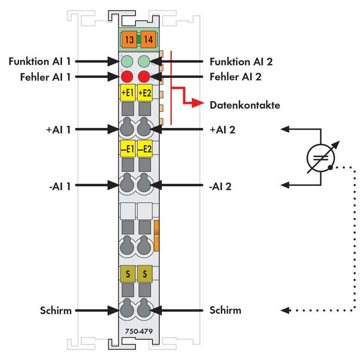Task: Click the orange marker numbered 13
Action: tap(129, 39)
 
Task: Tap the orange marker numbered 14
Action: tap(148, 39)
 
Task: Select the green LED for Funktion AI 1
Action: tap(127, 61)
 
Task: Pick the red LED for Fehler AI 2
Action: tap(144, 76)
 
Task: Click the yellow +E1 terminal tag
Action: tap(128, 93)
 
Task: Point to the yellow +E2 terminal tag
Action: tap(144, 93)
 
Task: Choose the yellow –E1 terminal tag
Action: tap(128, 148)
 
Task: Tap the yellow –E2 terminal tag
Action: tap(144, 148)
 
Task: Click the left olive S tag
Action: tap(128, 274)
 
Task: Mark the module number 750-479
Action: tap(139, 331)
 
